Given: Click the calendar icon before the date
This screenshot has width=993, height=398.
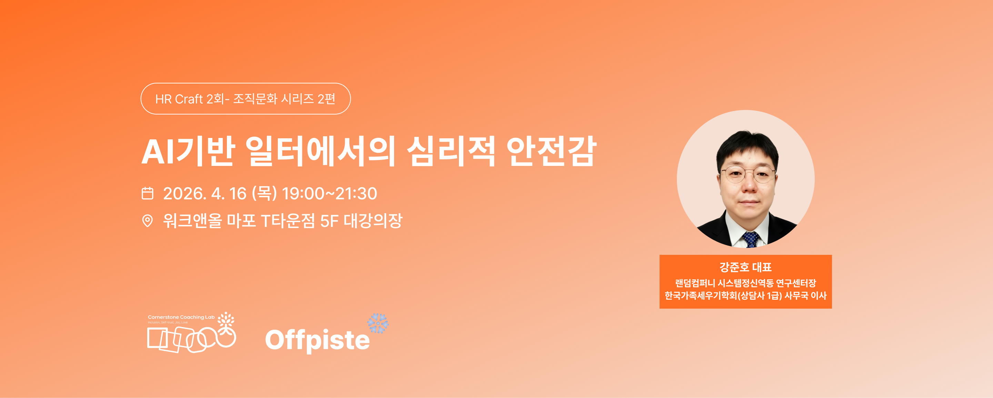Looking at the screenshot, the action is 147,193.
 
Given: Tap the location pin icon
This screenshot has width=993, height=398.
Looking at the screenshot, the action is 147,221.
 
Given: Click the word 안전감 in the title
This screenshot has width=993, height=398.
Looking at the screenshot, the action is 552,151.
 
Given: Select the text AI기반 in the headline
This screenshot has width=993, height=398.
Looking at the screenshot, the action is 189,151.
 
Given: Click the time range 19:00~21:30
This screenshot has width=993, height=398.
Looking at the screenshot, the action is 329,193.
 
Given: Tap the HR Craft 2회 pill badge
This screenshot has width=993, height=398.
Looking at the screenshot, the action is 245,99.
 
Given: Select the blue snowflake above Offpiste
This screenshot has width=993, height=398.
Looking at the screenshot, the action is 378,323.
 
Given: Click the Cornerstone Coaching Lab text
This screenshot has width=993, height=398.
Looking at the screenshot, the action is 181,317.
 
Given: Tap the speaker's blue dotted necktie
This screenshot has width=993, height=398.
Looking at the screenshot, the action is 751,239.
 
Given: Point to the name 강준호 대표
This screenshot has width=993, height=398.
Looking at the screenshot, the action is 745,267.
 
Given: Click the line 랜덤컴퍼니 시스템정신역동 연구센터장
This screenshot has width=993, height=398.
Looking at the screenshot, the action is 745,283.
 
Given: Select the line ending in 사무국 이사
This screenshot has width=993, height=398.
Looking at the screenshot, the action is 745,296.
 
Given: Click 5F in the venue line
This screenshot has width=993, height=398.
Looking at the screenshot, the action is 329,221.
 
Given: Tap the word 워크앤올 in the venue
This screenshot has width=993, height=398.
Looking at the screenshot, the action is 193,221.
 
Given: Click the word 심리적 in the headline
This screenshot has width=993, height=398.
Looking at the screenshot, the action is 451,151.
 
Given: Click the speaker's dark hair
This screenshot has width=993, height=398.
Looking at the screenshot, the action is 747,145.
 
